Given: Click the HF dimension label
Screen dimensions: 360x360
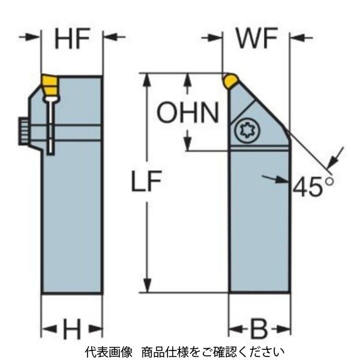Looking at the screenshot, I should (72, 40).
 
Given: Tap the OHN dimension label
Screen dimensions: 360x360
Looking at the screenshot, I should (188, 112).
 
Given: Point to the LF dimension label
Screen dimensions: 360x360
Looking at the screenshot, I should (148, 184).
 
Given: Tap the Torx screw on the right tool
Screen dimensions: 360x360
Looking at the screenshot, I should (245, 130).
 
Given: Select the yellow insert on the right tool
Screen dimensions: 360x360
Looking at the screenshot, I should (229, 80).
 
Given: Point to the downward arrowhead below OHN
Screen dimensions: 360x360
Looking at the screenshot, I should (188, 143).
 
